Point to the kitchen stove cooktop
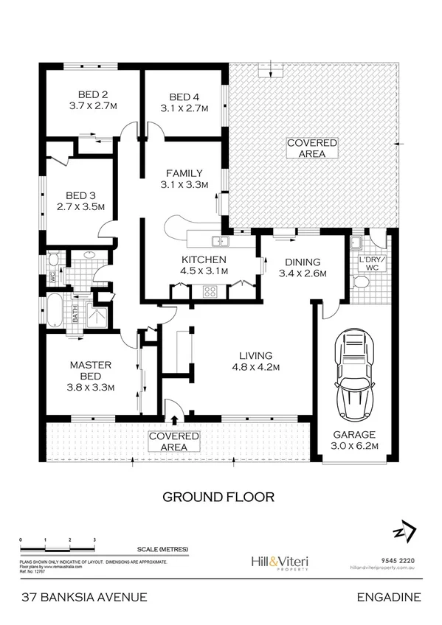coord(209,290)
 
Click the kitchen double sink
coord(221,241)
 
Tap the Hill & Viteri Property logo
coord(280,562)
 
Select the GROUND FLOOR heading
coord(218,497)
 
